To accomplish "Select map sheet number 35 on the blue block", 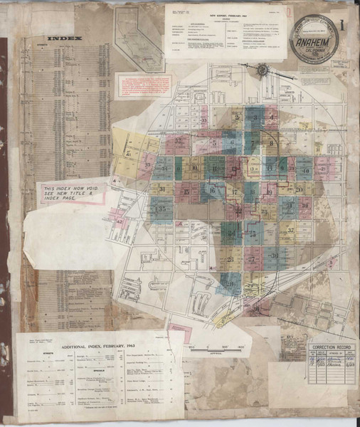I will [162, 210].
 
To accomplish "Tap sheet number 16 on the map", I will [211, 190].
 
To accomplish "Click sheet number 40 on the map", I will [304, 170].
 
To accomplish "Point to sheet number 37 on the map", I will [290, 232].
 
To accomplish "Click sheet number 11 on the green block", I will [213, 168].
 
